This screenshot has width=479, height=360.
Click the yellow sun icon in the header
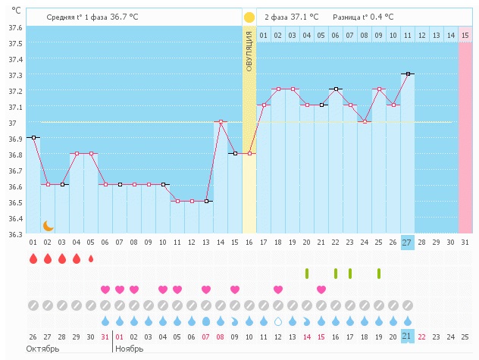pyautogui.click(x=249, y=17)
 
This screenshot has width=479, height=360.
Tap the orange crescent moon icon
pyautogui.click(x=48, y=225)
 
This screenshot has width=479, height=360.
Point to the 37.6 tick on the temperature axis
pyautogui.click(x=14, y=27)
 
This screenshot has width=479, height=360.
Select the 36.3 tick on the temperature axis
pyautogui.click(x=14, y=234)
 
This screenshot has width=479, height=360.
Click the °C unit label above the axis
pyautogui.click(x=16, y=11)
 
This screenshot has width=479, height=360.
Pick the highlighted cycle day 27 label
pyautogui.click(x=407, y=243)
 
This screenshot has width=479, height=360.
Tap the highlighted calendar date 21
pyautogui.click(x=407, y=337)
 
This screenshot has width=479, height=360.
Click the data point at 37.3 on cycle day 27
pyautogui.click(x=408, y=74)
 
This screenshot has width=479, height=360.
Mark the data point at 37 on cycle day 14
pyautogui.click(x=221, y=121)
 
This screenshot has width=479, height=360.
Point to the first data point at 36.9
pyautogui.click(x=33, y=137)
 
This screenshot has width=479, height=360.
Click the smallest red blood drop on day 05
pyautogui.click(x=91, y=258)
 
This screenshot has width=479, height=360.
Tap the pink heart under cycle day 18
pyautogui.click(x=278, y=290)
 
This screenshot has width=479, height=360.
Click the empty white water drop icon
pyautogui.click(x=278, y=321)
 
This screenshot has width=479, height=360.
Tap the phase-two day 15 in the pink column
pyautogui.click(x=465, y=35)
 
